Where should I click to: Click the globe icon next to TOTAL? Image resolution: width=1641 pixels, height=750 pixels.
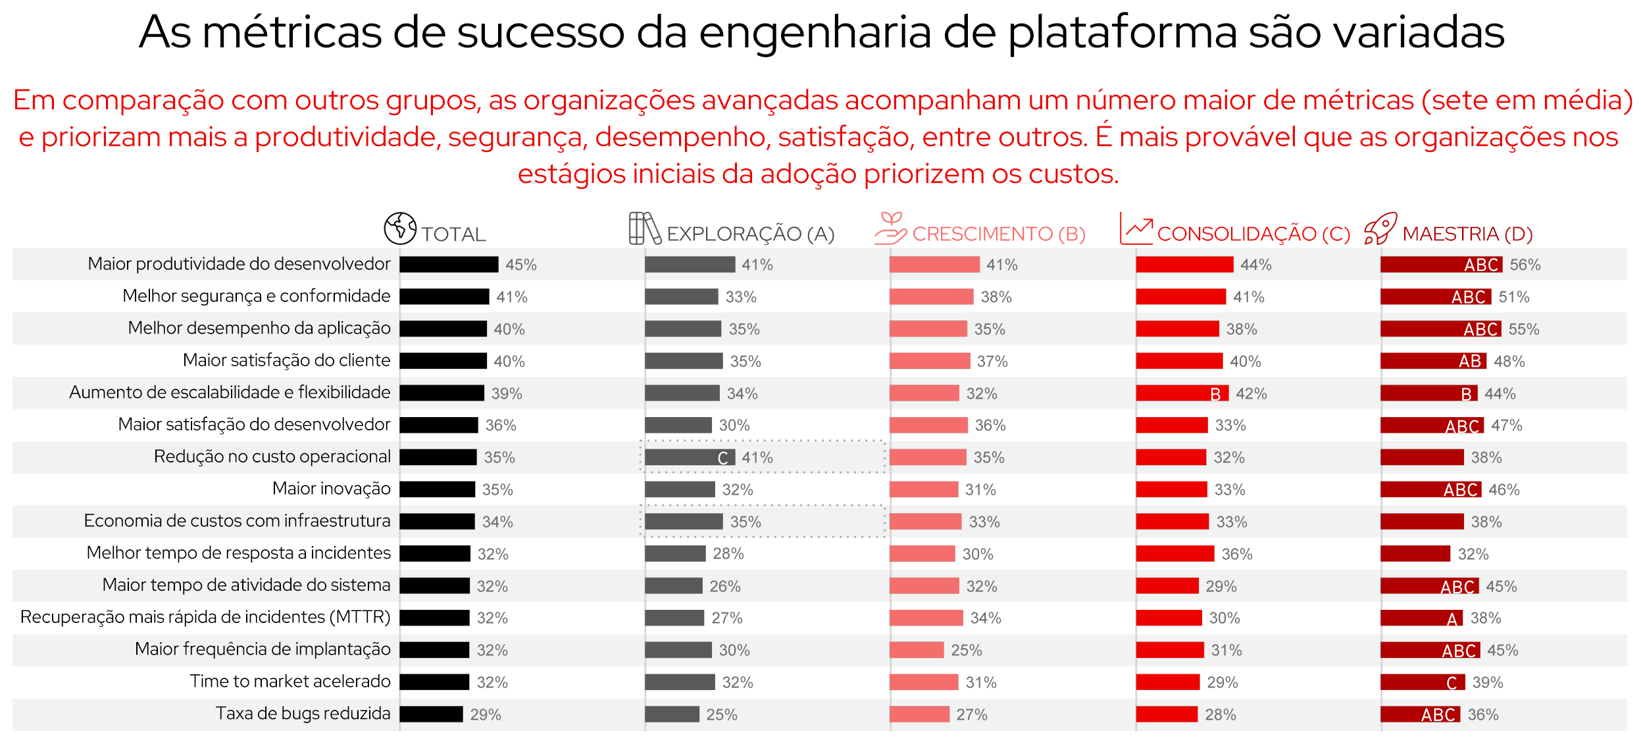tap(400, 228)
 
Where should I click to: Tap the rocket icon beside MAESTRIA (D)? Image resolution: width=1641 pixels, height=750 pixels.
tap(1380, 228)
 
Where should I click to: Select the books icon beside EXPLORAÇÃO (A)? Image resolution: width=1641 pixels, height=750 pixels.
tap(644, 228)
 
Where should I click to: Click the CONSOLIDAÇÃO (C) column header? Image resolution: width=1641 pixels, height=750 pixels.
tap(1253, 234)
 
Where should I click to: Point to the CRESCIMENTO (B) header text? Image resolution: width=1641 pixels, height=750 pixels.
tap(998, 234)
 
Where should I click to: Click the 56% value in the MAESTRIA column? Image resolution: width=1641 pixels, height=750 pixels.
tap(1525, 264)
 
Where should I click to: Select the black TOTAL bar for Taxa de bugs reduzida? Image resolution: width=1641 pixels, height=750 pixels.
tap(431, 714)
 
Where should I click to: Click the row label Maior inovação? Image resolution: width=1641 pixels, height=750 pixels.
tap(331, 488)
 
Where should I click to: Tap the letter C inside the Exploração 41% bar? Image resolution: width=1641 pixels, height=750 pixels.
tap(722, 458)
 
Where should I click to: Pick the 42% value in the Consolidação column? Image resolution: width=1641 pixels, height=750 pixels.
tap(1251, 393)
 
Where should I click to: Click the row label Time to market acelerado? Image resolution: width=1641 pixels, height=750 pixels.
tap(290, 681)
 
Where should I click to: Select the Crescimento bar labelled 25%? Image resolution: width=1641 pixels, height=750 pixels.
tap(917, 650)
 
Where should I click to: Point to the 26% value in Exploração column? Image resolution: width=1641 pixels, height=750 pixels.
tap(724, 586)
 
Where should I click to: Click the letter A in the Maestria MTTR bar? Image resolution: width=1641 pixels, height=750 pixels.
tap(1452, 618)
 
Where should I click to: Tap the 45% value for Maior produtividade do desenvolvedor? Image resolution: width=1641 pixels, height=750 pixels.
tap(520, 264)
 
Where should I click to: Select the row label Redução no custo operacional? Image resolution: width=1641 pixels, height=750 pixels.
tap(272, 456)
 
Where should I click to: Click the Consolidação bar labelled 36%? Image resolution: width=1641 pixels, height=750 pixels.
tap(1174, 553)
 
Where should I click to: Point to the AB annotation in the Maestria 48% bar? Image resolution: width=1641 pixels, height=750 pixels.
tap(1469, 361)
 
